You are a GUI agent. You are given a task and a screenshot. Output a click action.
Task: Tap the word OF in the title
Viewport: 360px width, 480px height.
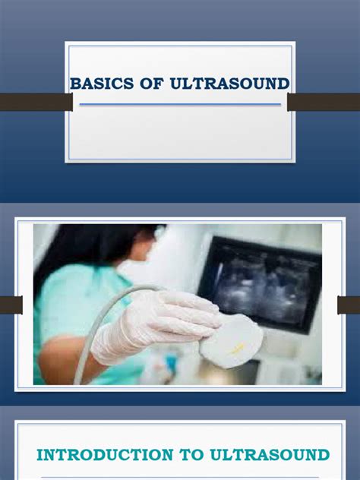(143, 83)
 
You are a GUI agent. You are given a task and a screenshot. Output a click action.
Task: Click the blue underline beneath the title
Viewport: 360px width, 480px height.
(180, 104)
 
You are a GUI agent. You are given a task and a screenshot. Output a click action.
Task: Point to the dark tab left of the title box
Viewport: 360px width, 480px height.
(35, 102)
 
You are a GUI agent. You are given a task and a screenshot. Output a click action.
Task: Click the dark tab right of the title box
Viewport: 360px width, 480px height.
(324, 102)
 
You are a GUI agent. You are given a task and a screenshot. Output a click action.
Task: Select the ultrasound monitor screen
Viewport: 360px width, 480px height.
(263, 280)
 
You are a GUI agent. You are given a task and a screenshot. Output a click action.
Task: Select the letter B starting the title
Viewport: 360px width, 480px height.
(75, 83)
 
